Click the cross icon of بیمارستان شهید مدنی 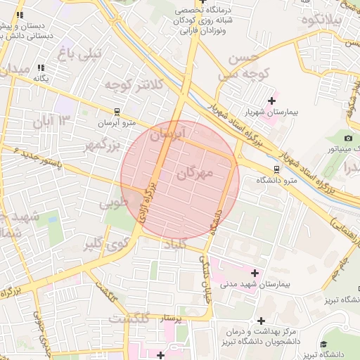point(255,272)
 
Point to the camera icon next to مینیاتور point(348,138)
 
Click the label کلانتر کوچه point(134,85)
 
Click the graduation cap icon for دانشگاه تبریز point(323,344)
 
